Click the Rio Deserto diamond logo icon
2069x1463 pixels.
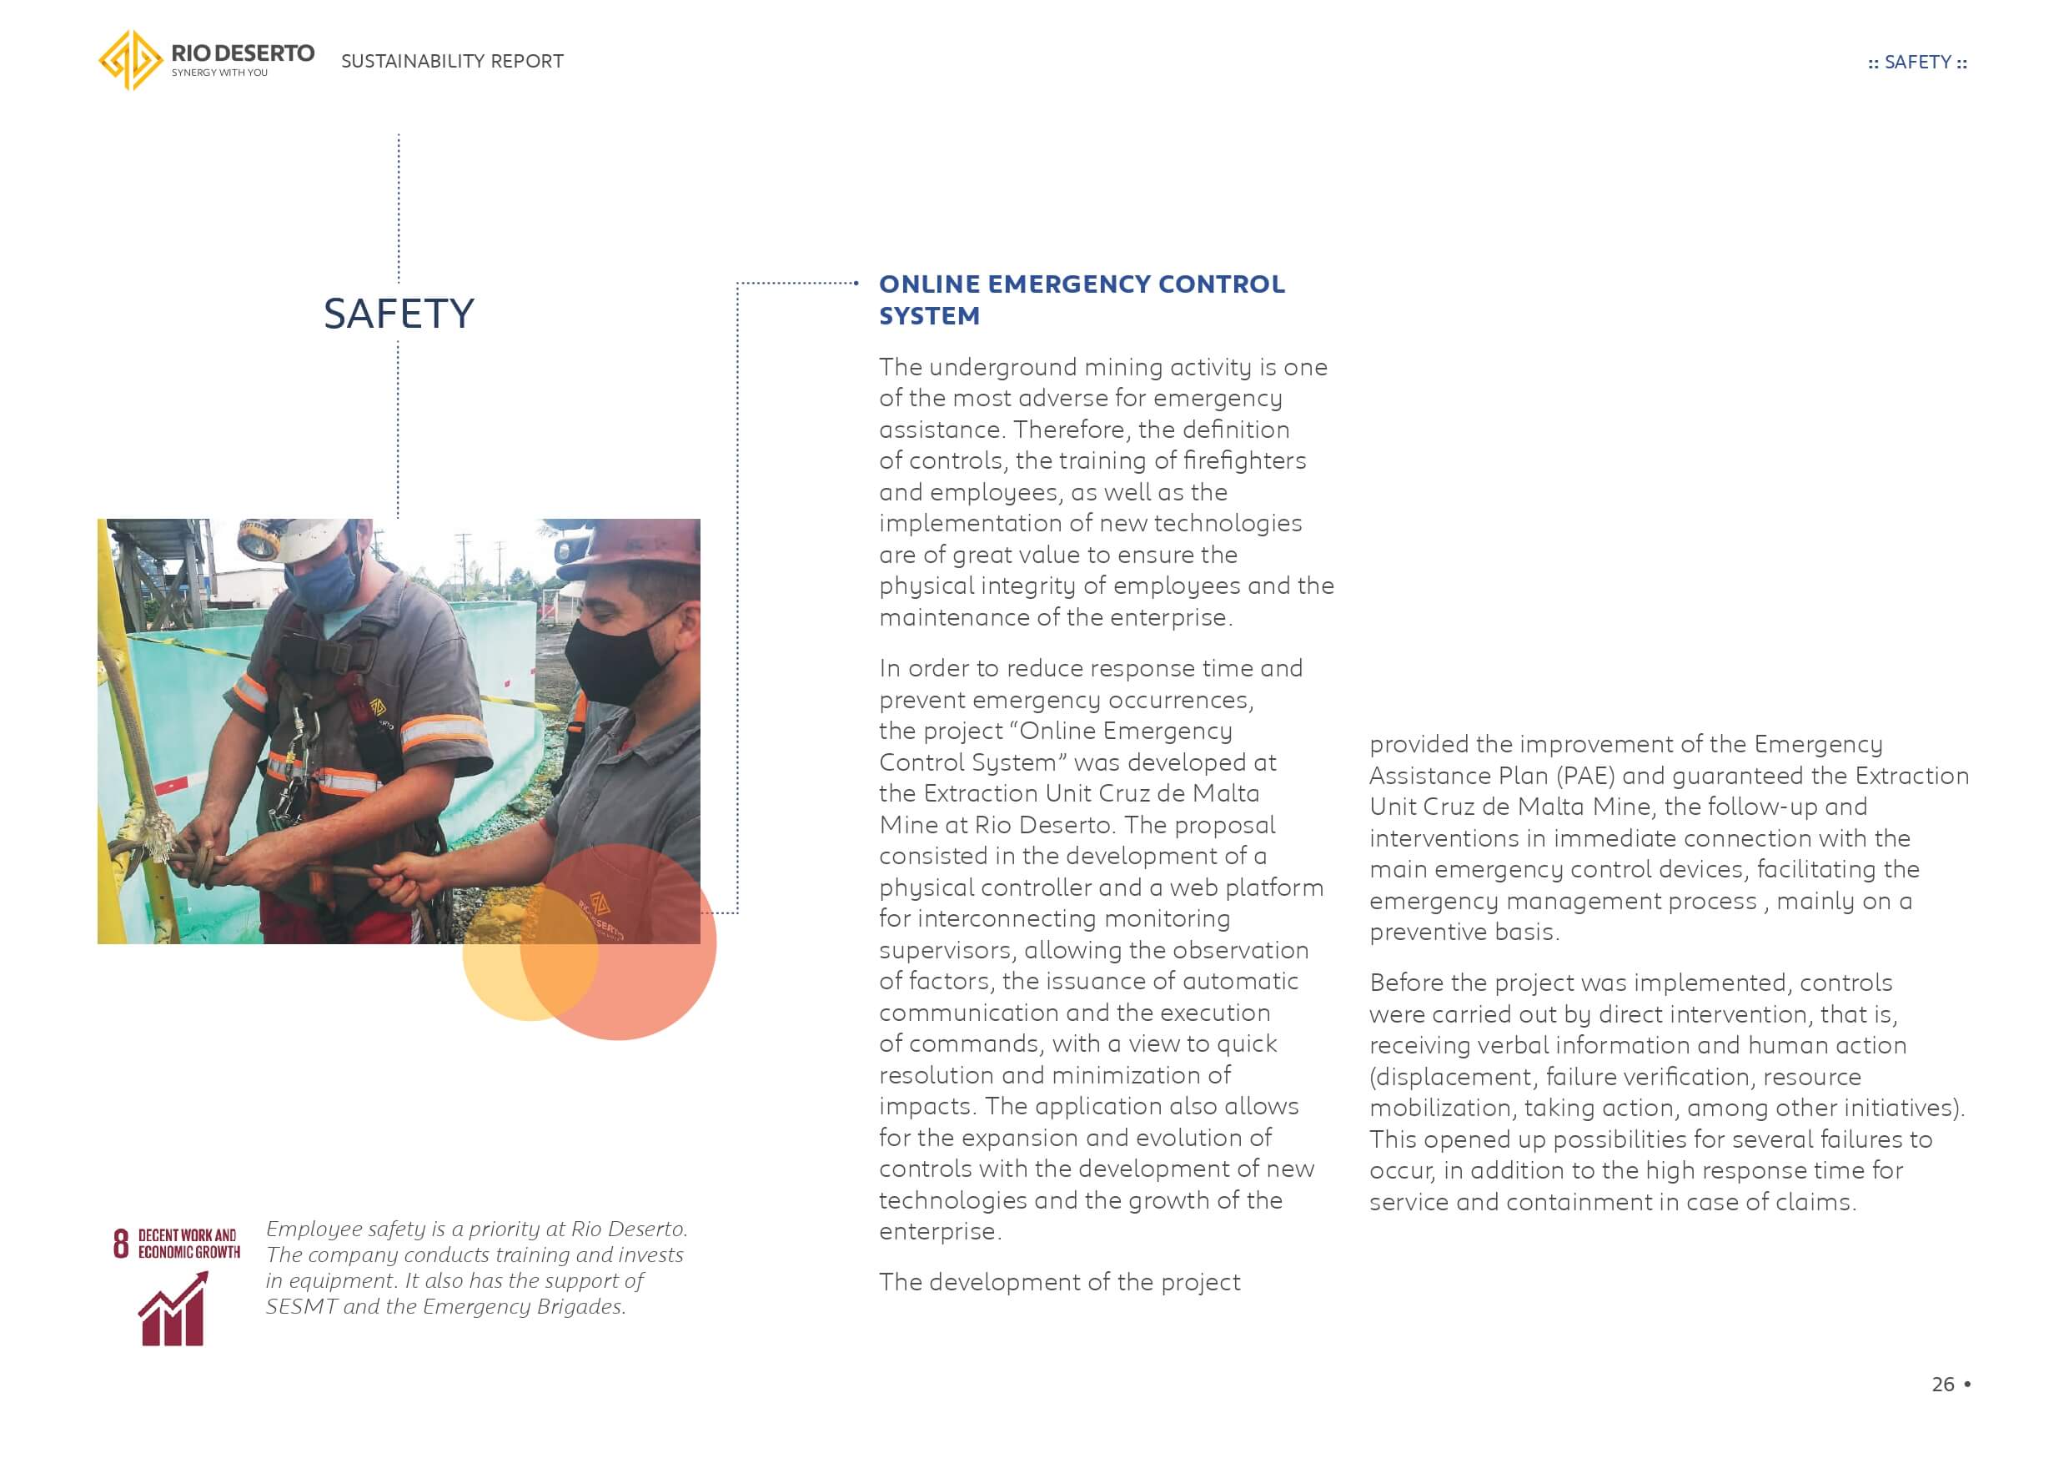coord(131,60)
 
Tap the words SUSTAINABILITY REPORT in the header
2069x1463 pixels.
coord(451,61)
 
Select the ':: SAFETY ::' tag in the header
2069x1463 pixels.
coord(1916,63)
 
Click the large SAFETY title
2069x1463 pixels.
coord(399,314)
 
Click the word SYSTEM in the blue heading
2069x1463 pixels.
coord(929,316)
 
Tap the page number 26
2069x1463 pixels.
coord(1943,1384)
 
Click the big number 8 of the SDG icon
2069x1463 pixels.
coord(121,1243)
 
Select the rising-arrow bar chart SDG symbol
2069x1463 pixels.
coord(173,1308)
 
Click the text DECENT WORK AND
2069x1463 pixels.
coord(188,1235)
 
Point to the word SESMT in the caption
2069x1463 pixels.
coord(301,1306)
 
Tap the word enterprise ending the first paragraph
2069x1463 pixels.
coord(1175,617)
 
